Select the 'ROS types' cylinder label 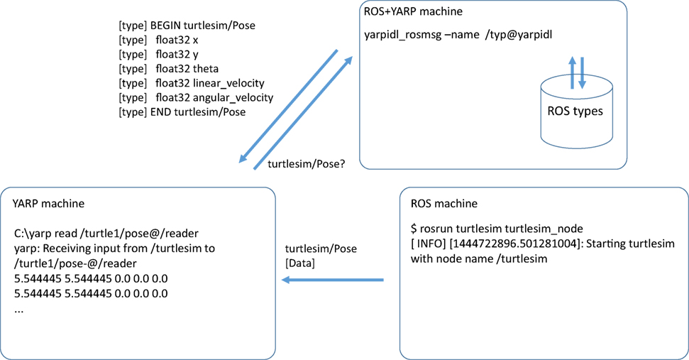point(576,111)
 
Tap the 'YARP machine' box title point(49,204)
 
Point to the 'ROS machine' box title point(444,204)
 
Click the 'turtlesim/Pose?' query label point(307,164)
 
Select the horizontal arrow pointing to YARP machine point(333,280)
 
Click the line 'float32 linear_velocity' point(208,83)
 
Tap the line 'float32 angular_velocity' point(212,97)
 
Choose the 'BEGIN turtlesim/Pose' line point(202,26)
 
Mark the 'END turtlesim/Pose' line point(198,112)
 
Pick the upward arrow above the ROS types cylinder point(572,73)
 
